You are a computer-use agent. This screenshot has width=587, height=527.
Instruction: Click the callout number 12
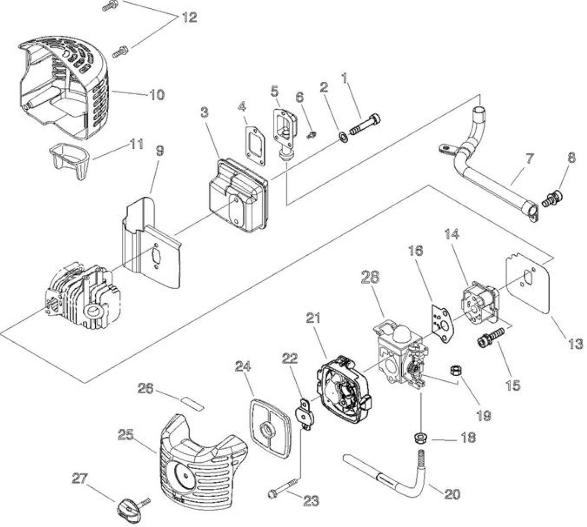(x=190, y=17)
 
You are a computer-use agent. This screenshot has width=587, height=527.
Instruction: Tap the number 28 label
(x=370, y=277)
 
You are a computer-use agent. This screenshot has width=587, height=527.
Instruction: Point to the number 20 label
(x=452, y=495)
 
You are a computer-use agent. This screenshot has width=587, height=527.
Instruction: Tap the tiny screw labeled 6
(x=311, y=135)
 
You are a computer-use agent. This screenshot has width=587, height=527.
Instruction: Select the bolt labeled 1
(x=365, y=125)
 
